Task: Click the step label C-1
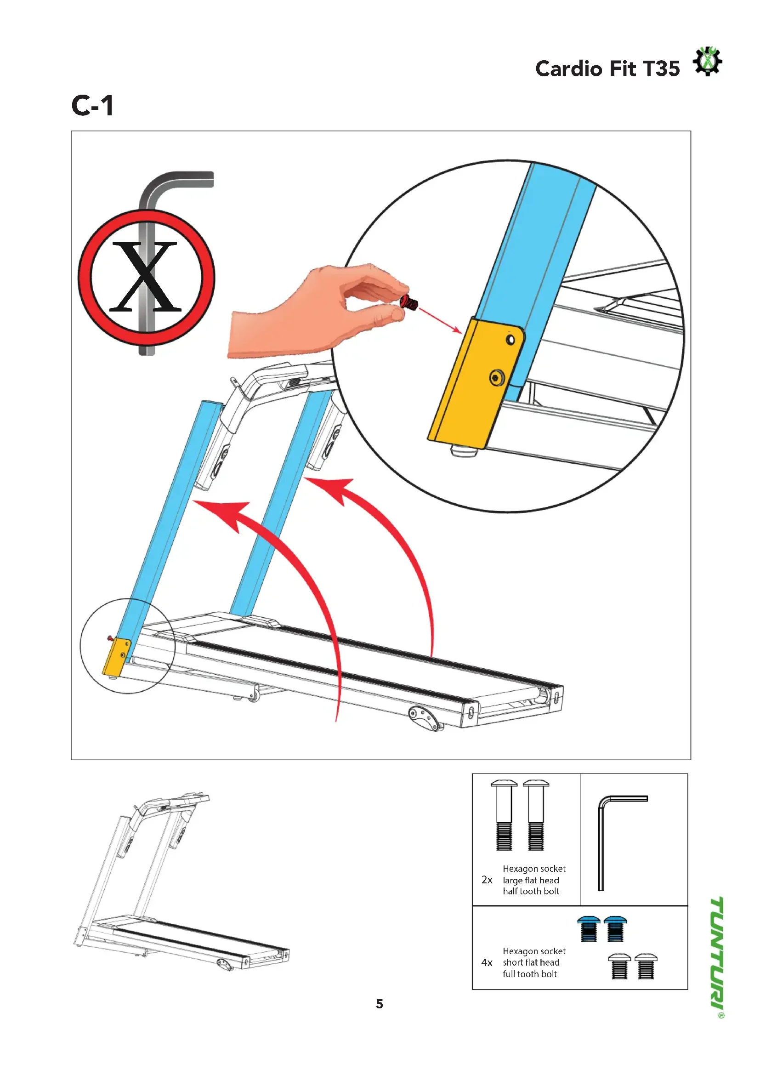point(93,105)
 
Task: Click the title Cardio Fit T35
point(607,69)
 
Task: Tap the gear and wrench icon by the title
point(707,61)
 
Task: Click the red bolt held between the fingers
point(408,301)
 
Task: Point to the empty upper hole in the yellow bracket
point(510,340)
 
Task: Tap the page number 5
point(380,1004)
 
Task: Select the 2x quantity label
point(487,880)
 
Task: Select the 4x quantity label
point(487,963)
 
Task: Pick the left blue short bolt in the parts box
point(589,929)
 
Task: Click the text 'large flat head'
point(531,880)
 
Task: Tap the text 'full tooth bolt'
point(530,974)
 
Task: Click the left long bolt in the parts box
point(504,815)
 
